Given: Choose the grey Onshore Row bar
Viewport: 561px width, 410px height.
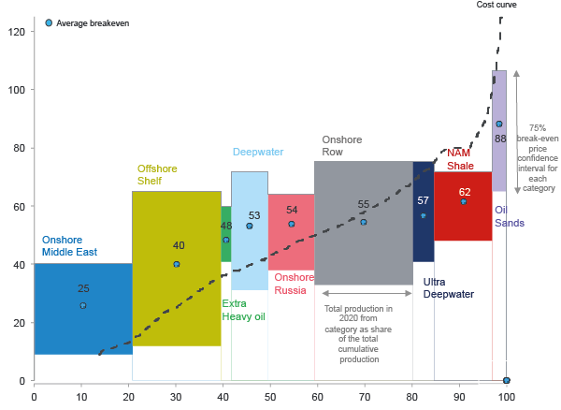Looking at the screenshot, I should (x=363, y=253).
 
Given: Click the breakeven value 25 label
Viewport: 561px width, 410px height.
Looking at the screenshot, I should (x=83, y=289).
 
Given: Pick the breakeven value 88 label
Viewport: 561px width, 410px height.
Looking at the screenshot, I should (x=500, y=139).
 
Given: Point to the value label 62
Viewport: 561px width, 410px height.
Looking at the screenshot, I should (x=465, y=192).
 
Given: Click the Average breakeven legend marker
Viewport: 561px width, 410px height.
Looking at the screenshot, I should (x=49, y=22).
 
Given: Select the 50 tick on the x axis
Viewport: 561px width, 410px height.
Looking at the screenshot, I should (x=269, y=396).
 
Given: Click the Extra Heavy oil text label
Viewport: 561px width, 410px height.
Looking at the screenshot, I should (x=243, y=310).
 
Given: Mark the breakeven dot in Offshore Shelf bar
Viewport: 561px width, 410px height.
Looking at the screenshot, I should (x=176, y=264).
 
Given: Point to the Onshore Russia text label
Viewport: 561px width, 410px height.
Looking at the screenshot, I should (x=294, y=284).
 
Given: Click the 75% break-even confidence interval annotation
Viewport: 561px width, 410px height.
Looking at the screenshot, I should (x=537, y=157).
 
